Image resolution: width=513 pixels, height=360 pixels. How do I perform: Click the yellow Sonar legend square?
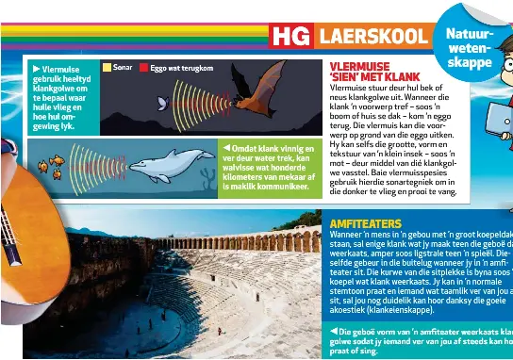[x=106, y=68]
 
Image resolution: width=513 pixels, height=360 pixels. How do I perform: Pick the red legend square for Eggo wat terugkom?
[x=143, y=68]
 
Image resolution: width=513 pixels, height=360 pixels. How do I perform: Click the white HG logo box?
[x=290, y=37]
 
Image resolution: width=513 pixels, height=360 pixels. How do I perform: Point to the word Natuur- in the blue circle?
[x=469, y=34]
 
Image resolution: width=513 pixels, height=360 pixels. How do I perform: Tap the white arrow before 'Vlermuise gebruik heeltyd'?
[x=36, y=69]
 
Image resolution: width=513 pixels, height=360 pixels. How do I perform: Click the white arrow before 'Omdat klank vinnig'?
[x=225, y=148]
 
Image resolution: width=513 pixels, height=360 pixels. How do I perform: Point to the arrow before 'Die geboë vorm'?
[x=334, y=332]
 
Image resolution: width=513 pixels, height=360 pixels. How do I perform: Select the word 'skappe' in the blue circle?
[x=471, y=62]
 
